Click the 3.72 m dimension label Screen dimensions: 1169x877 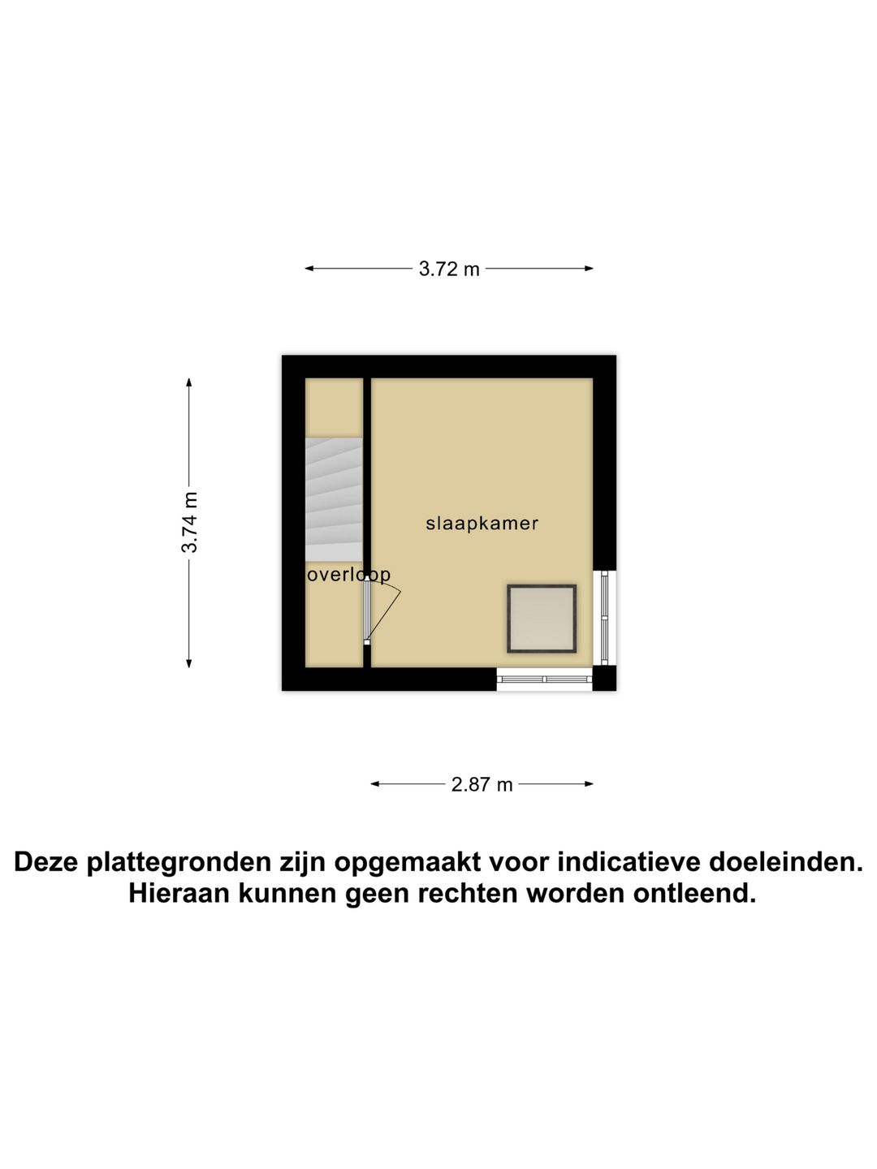(x=449, y=269)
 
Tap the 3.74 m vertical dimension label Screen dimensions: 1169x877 (x=189, y=522)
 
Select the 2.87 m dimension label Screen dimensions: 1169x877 (x=482, y=784)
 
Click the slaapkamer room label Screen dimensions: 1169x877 (x=482, y=524)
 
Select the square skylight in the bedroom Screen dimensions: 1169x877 (x=542, y=619)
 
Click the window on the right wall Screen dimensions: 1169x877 (x=604, y=618)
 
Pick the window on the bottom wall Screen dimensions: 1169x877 (x=544, y=679)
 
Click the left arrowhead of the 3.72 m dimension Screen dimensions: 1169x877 (x=309, y=269)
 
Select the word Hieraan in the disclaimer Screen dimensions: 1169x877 (x=178, y=894)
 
